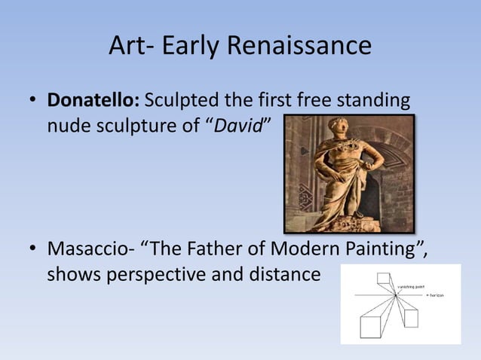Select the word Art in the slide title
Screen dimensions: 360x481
point(127,47)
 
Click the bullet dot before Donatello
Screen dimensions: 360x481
point(32,102)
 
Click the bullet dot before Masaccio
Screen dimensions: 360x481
point(32,250)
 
